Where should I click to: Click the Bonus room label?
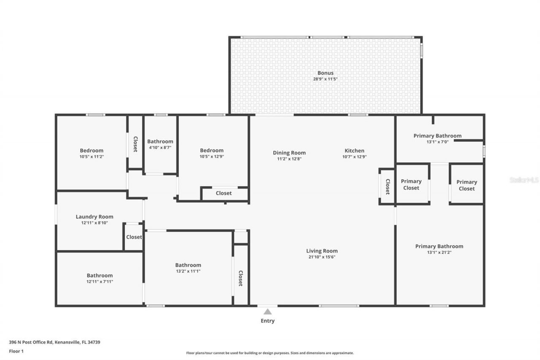tap(325, 73)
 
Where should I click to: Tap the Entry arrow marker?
tap(267, 312)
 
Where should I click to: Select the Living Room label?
tap(322, 251)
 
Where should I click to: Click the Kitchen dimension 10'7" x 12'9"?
tap(354, 157)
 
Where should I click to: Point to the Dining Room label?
tap(289, 153)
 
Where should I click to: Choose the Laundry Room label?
tap(94, 217)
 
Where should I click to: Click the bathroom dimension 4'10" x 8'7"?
tap(160, 147)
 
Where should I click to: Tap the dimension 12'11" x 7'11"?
tap(100, 282)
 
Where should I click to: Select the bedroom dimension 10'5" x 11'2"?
tap(92, 157)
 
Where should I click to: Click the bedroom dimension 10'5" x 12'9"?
tap(211, 157)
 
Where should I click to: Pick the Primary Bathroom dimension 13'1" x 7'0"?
tap(437, 142)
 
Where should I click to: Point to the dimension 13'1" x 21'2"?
tap(439, 252)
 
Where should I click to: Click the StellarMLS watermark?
tap(524, 180)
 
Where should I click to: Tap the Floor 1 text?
tap(16, 351)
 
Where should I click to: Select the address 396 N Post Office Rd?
tap(54, 342)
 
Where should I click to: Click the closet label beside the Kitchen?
tap(387, 186)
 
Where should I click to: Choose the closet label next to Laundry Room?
tap(134, 237)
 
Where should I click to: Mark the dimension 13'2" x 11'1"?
tap(188, 271)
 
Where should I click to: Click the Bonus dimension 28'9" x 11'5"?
tap(325, 79)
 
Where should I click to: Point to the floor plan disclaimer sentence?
tap(270, 353)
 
